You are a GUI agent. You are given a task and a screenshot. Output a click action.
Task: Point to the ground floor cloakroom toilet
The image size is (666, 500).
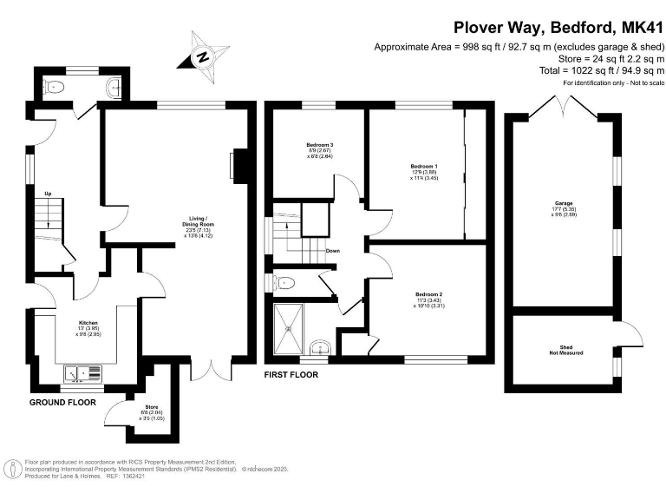click(57, 87)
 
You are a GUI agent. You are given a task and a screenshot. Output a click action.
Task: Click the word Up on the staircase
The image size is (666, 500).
click(49, 193)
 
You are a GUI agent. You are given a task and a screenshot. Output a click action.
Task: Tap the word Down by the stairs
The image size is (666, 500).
click(333, 251)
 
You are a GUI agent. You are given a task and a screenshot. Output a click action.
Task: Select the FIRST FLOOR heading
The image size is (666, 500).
click(291, 375)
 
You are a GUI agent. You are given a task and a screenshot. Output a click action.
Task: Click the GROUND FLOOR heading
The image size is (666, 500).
click(62, 403)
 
